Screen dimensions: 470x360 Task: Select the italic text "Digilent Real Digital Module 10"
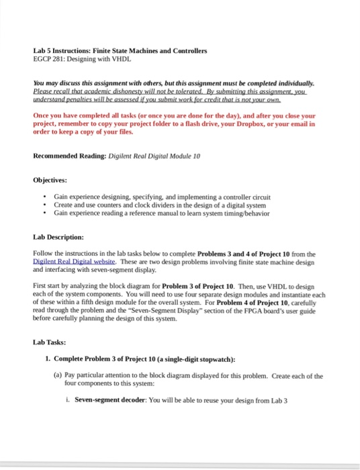[x=152, y=156]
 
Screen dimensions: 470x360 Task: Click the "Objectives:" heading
[x=53, y=180]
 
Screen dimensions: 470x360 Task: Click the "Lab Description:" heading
[x=58, y=237]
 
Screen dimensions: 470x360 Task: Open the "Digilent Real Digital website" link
[x=74, y=261]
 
